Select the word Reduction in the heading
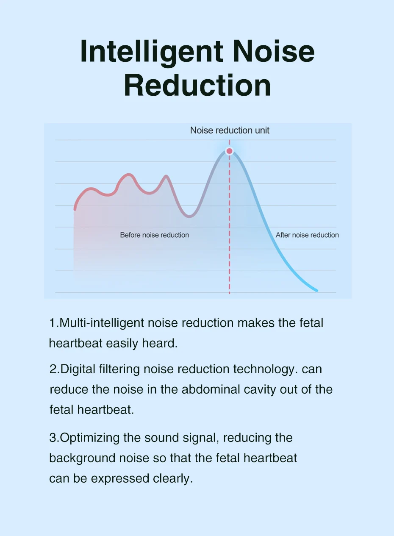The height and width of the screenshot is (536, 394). (x=197, y=85)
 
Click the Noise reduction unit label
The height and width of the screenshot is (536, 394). (x=230, y=131)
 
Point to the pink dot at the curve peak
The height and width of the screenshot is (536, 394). (x=230, y=151)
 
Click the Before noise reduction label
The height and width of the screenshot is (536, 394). (x=155, y=235)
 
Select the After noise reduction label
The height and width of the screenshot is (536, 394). (x=307, y=235)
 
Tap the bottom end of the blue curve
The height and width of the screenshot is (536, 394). (x=317, y=291)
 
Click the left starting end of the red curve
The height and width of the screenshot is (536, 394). (x=75, y=209)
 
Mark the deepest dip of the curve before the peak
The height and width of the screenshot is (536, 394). (x=189, y=217)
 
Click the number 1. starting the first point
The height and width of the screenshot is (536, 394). (x=54, y=323)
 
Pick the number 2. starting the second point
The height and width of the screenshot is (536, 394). (x=55, y=369)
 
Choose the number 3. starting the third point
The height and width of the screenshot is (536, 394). (x=54, y=438)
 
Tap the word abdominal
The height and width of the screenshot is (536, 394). (x=211, y=389)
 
